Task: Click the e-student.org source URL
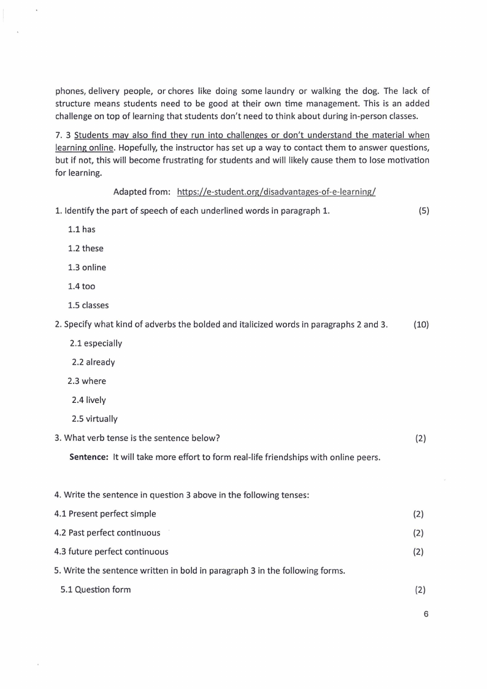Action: (x=276, y=192)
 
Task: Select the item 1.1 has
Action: (x=82, y=230)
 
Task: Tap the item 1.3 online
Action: (x=86, y=268)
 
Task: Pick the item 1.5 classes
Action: (x=88, y=305)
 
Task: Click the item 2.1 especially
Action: (x=96, y=343)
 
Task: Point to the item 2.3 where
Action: (x=87, y=381)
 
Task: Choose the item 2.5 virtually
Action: (x=94, y=419)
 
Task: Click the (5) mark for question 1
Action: (x=424, y=211)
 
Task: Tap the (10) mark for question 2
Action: (x=421, y=324)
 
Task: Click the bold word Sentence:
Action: (x=89, y=457)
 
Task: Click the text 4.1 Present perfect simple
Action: (x=105, y=513)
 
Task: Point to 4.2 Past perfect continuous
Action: (x=107, y=532)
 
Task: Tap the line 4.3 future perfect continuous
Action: (x=112, y=551)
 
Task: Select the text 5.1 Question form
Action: (x=96, y=590)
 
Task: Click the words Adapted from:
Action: (x=142, y=192)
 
